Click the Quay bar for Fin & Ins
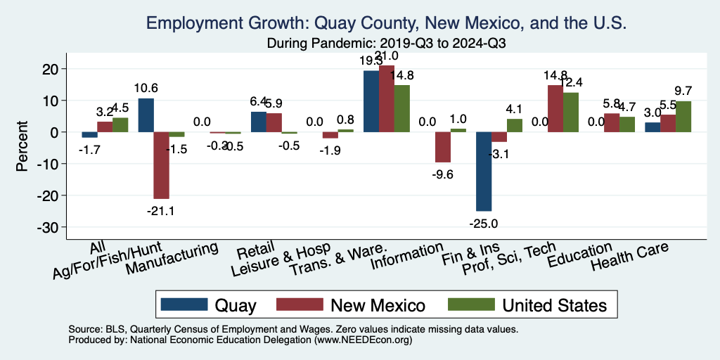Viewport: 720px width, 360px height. (x=484, y=172)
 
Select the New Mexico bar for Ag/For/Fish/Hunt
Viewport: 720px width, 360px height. (x=161, y=165)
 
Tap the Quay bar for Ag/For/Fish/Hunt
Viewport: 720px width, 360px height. (x=146, y=115)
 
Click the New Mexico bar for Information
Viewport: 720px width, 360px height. (x=442, y=147)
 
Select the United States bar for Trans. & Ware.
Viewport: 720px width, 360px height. (x=401, y=108)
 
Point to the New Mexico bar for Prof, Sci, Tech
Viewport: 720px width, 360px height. (x=555, y=108)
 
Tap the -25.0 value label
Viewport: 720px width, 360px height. (x=484, y=223)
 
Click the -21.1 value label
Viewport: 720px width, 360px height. (x=161, y=211)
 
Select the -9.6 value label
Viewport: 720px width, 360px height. (x=442, y=174)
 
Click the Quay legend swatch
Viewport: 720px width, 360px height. (x=184, y=304)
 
